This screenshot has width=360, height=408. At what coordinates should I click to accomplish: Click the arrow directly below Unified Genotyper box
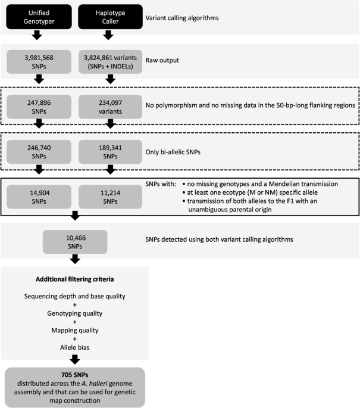[37, 35]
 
